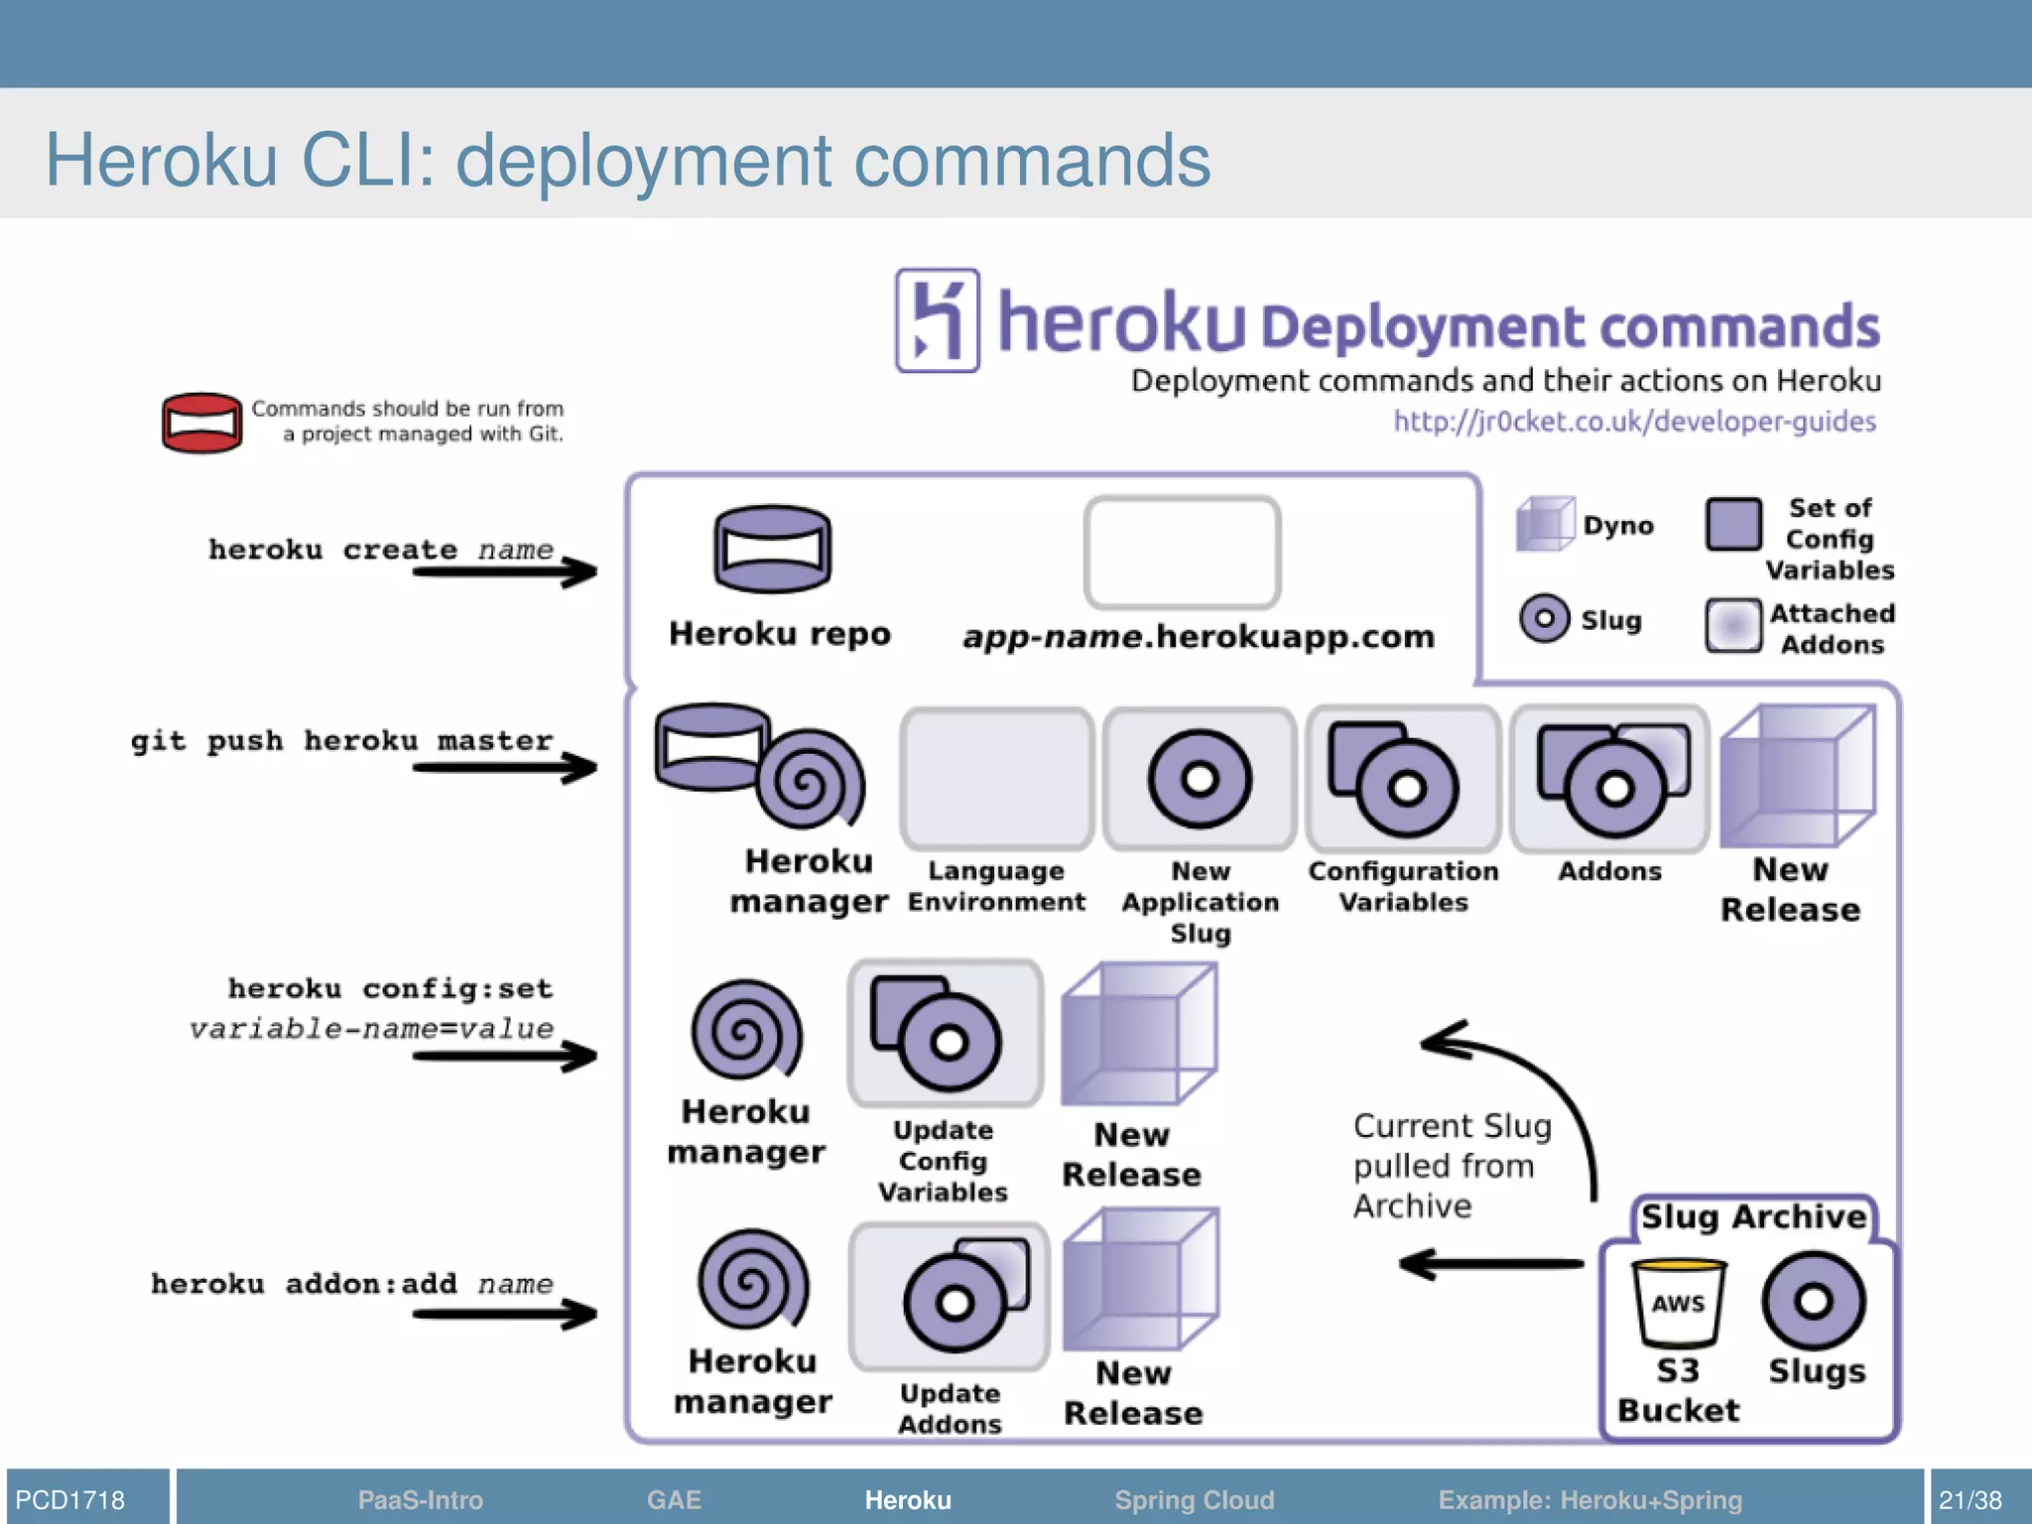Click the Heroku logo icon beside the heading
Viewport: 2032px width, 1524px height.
pyautogui.click(x=937, y=320)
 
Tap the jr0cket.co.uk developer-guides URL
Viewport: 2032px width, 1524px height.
pyautogui.click(x=1634, y=422)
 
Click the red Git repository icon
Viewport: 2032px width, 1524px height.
pyautogui.click(x=202, y=423)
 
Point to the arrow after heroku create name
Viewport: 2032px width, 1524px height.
pyautogui.click(x=506, y=571)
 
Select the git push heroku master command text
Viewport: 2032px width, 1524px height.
pyautogui.click(x=342, y=741)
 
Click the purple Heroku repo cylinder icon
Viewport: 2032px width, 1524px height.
pyautogui.click(x=773, y=549)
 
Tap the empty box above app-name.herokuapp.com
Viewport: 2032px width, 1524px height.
pyautogui.click(x=1182, y=553)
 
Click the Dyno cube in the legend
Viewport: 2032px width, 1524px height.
pyautogui.click(x=1545, y=524)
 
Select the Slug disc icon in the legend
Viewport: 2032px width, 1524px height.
pyautogui.click(x=1545, y=619)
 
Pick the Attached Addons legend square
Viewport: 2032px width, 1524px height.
pyautogui.click(x=1733, y=625)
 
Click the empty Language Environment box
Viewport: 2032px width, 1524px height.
pyautogui.click(x=997, y=779)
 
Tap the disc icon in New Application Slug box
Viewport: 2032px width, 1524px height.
pyautogui.click(x=1200, y=779)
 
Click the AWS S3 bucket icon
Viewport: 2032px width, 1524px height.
pyautogui.click(x=1679, y=1303)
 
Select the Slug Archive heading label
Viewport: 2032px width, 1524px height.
pyautogui.click(x=1753, y=1216)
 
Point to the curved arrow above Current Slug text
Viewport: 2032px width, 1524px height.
pyautogui.click(x=1528, y=1081)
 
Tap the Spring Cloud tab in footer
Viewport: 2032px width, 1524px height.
pyautogui.click(x=1194, y=1499)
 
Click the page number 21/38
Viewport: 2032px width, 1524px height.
pyautogui.click(x=1969, y=1499)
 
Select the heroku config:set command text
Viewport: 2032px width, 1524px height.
pyautogui.click(x=390, y=988)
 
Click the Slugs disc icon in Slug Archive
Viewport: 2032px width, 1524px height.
pyautogui.click(x=1814, y=1301)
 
